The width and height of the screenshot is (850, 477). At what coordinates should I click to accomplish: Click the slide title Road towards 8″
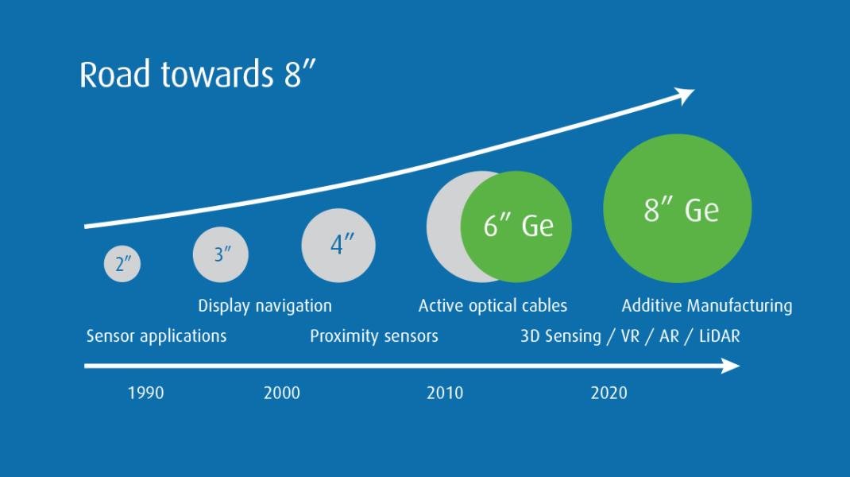(x=197, y=75)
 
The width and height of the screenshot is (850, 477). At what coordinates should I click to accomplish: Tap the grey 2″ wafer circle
(x=122, y=264)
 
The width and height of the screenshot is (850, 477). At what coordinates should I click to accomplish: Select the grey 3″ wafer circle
(x=221, y=254)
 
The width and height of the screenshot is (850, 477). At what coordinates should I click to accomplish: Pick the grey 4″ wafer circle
(x=338, y=246)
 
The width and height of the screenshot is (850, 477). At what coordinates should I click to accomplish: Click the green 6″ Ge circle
(x=516, y=227)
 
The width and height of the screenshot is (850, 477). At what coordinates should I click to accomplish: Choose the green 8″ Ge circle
(x=678, y=208)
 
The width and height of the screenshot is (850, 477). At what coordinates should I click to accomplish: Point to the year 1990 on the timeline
(x=146, y=393)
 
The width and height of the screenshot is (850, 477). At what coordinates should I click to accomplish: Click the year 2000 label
(x=282, y=393)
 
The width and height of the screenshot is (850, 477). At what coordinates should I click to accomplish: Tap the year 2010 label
(x=445, y=393)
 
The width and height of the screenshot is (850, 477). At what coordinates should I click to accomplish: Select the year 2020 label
(x=609, y=393)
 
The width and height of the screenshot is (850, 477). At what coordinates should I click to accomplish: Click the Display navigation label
(x=265, y=306)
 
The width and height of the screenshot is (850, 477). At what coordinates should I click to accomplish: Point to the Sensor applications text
(x=156, y=336)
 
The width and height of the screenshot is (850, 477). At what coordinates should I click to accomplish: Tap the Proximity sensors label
(x=374, y=336)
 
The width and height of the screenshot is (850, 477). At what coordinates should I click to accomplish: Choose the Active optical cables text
(x=493, y=305)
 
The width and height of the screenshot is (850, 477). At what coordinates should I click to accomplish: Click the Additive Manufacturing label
(x=707, y=306)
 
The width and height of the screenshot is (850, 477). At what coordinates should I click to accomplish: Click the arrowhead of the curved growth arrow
(x=685, y=96)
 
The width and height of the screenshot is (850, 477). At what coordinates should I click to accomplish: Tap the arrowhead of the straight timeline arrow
(x=731, y=366)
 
